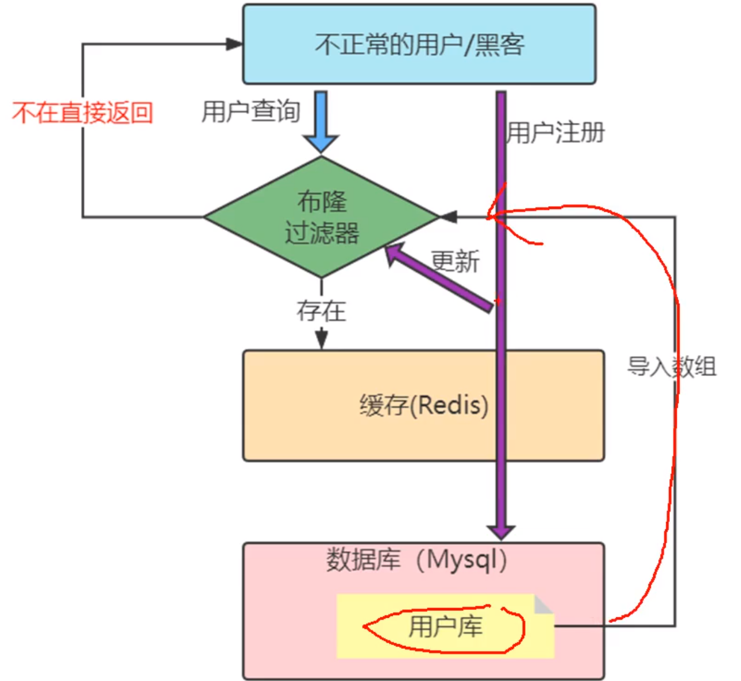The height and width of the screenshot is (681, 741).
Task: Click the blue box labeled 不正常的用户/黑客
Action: (419, 44)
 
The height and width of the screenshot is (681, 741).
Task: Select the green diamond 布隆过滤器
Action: (321, 217)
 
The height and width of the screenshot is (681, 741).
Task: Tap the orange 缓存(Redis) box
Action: (423, 405)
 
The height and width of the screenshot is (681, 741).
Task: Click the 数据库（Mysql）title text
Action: (417, 560)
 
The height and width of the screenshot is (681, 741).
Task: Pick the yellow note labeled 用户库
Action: (445, 626)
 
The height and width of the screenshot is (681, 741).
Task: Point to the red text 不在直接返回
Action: (82, 113)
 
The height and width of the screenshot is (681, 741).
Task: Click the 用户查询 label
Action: (251, 111)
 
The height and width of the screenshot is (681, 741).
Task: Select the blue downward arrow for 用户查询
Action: (321, 122)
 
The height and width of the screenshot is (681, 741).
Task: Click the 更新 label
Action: (455, 261)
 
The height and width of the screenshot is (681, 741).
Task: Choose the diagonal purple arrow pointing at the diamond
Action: (438, 277)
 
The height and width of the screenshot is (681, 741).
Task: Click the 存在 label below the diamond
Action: (321, 311)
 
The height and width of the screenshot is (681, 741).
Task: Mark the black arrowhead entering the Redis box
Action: (322, 338)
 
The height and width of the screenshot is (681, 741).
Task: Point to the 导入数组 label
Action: (672, 366)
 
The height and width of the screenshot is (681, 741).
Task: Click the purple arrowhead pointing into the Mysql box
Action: (501, 532)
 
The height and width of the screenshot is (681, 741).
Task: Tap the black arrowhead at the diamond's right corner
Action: (449, 217)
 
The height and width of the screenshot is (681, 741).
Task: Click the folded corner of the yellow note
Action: (544, 604)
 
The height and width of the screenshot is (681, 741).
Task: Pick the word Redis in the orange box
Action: (453, 405)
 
